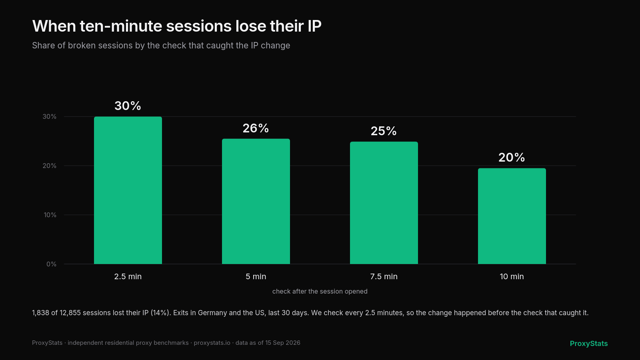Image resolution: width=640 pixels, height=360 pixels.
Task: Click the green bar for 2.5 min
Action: click(128, 190)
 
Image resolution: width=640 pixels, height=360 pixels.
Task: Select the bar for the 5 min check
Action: click(256, 202)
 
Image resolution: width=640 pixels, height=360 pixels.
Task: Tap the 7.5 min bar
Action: click(384, 203)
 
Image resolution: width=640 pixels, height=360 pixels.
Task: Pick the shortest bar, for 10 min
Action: click(512, 216)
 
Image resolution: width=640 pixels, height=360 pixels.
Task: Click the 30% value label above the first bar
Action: click(128, 106)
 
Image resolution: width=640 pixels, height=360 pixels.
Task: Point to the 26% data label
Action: click(256, 128)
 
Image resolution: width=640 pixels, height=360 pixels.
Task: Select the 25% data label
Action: click(384, 131)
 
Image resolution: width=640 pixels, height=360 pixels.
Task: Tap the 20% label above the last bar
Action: click(512, 158)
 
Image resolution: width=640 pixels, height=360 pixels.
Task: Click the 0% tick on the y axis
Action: click(52, 264)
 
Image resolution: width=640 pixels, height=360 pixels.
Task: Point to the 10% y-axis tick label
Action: click(50, 215)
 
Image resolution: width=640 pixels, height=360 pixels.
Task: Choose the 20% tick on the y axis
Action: click(50, 166)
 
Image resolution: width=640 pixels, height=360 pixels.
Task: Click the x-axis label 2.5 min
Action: click(128, 276)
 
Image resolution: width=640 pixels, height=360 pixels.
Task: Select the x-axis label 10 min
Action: click(512, 276)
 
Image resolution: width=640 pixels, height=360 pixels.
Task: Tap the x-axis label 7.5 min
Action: click(384, 276)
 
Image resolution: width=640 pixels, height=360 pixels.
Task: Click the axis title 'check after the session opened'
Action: click(320, 292)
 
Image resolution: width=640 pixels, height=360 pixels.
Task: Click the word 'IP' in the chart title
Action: click(314, 26)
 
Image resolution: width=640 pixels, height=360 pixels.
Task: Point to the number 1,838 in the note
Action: click(40, 313)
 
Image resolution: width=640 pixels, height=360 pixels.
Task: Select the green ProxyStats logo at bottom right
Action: click(589, 344)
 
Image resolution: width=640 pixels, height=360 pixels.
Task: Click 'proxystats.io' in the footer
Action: click(212, 343)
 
